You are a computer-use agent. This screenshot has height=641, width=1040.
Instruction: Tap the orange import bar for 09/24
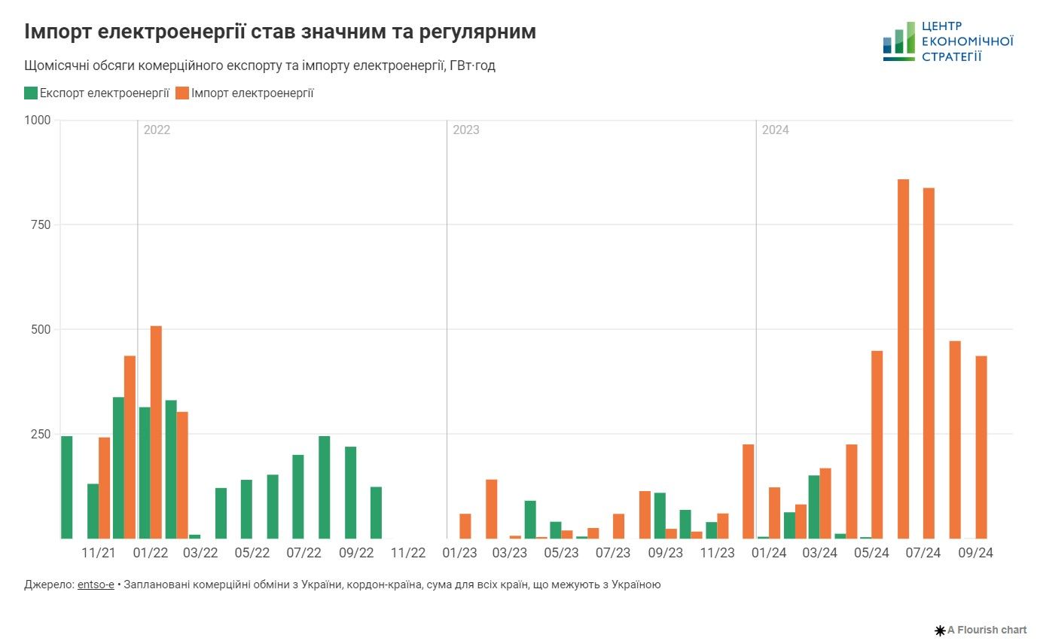pyautogui.click(x=981, y=447)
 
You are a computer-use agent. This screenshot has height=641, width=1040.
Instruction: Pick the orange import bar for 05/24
pyautogui.click(x=877, y=444)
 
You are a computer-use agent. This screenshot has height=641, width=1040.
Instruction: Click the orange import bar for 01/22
pyautogui.click(x=156, y=432)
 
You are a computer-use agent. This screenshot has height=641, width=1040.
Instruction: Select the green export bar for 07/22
pyautogui.click(x=298, y=497)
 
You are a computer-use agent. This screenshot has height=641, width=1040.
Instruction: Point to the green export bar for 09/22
pyautogui.click(x=350, y=493)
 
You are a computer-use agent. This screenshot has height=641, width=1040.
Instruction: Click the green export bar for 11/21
pyautogui.click(x=93, y=511)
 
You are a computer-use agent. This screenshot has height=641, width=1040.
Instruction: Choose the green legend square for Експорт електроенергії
pyautogui.click(x=31, y=93)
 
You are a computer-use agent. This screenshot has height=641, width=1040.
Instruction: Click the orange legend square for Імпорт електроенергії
pyautogui.click(x=182, y=93)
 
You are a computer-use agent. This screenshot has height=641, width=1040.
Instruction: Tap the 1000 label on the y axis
pyautogui.click(x=37, y=120)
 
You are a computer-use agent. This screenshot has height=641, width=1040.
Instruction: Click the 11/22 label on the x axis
pyautogui.click(x=408, y=553)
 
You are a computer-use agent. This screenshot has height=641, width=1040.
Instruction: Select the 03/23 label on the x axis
pyautogui.click(x=510, y=553)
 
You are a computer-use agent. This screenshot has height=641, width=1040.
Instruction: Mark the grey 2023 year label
pyautogui.click(x=465, y=130)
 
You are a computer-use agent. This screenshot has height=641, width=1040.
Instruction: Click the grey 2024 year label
pyautogui.click(x=775, y=130)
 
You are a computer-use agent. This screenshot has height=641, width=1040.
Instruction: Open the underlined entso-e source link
pyautogui.click(x=96, y=585)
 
